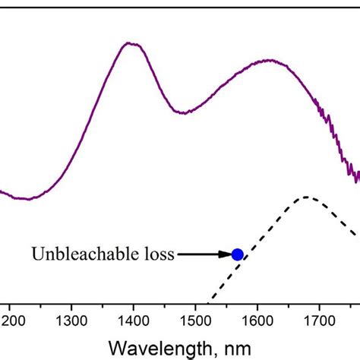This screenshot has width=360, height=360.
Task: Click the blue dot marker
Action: click(237, 254)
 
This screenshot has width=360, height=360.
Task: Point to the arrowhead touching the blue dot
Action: click(227, 254)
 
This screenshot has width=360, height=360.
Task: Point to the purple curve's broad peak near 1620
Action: click(267, 60)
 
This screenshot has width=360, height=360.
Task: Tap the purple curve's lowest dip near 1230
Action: click(27, 199)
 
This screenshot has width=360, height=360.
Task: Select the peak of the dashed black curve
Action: click(305, 197)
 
